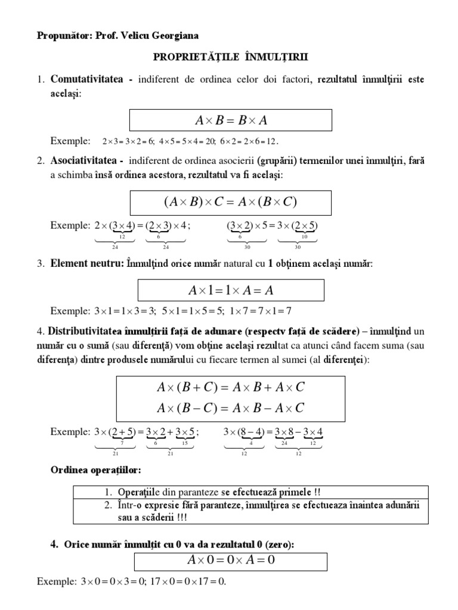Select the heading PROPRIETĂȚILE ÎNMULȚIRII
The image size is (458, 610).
point(230,58)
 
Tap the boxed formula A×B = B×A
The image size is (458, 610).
point(231,120)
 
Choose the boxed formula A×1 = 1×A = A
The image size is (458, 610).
point(231,290)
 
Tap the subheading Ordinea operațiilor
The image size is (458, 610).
point(95,471)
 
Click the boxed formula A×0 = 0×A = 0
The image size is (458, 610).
point(231,561)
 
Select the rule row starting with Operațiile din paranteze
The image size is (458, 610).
point(250,492)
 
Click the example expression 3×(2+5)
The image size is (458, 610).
point(114,431)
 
